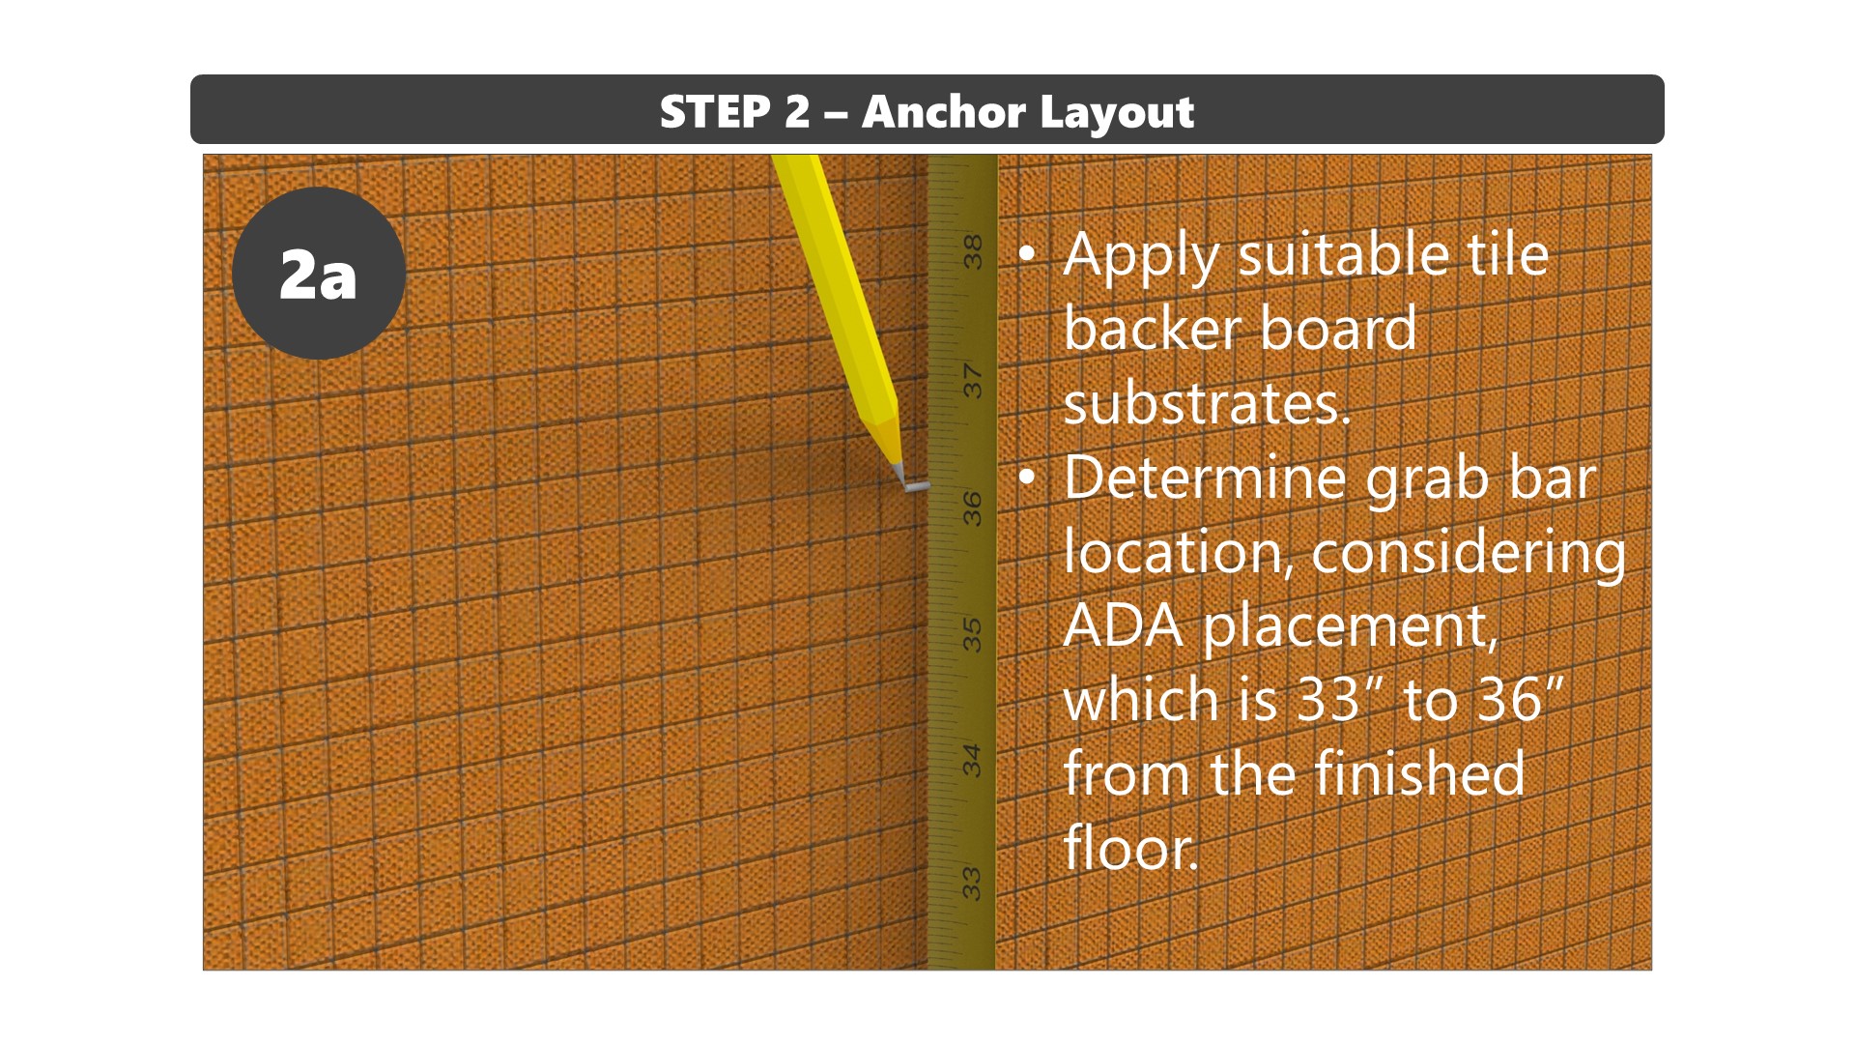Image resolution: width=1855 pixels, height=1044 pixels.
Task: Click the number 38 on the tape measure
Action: (x=972, y=252)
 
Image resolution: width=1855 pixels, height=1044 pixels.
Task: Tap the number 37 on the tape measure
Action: (x=972, y=381)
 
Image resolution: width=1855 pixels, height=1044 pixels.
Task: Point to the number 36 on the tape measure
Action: (x=972, y=508)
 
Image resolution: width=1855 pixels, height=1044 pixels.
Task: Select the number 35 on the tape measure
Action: (x=972, y=635)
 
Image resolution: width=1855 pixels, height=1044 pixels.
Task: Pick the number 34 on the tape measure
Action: (x=972, y=760)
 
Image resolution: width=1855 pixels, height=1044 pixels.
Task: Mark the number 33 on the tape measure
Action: (x=972, y=884)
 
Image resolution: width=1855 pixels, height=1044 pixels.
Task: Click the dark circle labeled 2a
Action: (x=319, y=274)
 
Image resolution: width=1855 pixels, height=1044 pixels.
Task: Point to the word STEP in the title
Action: (x=715, y=112)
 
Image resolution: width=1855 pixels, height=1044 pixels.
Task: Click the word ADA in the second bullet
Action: (x=1124, y=626)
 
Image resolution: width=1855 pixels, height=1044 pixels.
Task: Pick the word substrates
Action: (x=1207, y=403)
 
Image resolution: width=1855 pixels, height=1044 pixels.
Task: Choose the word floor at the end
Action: (x=1130, y=848)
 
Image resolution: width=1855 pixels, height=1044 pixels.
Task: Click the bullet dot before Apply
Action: (x=1027, y=254)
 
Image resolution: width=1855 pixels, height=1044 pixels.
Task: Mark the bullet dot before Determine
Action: (x=1027, y=478)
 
